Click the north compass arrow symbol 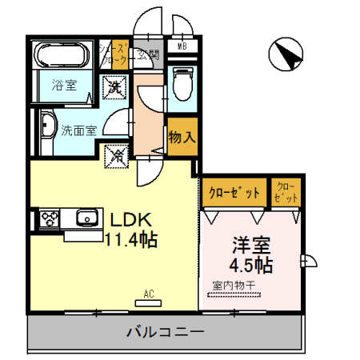[x=286, y=54]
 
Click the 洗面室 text [x=78, y=130]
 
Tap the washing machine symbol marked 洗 [x=115, y=86]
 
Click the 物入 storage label [x=182, y=137]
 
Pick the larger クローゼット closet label [x=234, y=192]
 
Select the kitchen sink [x=84, y=218]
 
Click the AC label [x=148, y=294]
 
